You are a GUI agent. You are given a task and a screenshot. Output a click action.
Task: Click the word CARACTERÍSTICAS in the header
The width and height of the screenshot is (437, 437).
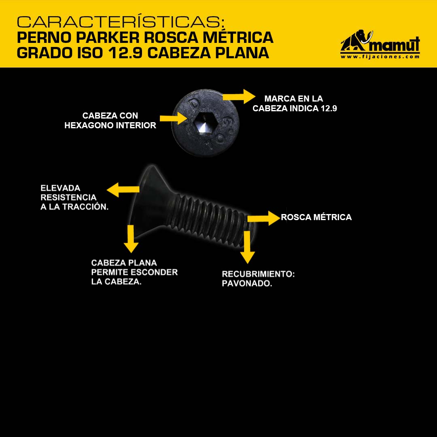(121, 21)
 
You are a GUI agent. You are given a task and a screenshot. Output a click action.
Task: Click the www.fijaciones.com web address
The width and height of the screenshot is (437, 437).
(380, 57)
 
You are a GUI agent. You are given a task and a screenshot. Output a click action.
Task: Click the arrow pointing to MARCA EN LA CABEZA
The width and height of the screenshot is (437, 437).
(239, 96)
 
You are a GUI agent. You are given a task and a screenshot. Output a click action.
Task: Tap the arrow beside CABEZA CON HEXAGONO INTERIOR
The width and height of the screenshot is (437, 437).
(173, 118)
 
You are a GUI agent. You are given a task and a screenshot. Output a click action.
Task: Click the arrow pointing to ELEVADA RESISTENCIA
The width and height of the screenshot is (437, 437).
(123, 190)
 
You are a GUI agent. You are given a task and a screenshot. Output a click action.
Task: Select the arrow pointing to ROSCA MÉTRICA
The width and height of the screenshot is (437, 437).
(264, 218)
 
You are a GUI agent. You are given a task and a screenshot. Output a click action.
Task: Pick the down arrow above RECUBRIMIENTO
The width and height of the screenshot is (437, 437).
(247, 247)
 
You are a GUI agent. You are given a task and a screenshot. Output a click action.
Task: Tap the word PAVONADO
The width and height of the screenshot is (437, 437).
(247, 283)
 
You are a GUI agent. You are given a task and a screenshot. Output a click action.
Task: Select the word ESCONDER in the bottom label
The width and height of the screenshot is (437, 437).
(154, 272)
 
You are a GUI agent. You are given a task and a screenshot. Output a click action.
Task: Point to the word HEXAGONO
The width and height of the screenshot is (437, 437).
(89, 125)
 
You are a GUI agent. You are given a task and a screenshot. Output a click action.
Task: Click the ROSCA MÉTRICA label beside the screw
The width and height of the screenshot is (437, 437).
(316, 217)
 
